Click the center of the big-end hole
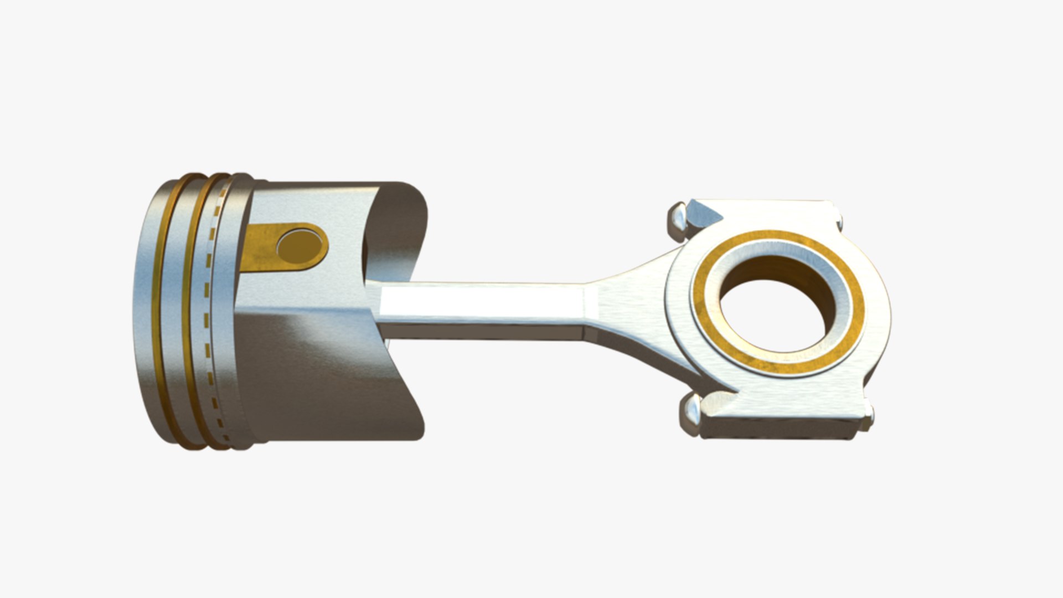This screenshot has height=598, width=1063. pyautogui.click(x=778, y=307)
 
